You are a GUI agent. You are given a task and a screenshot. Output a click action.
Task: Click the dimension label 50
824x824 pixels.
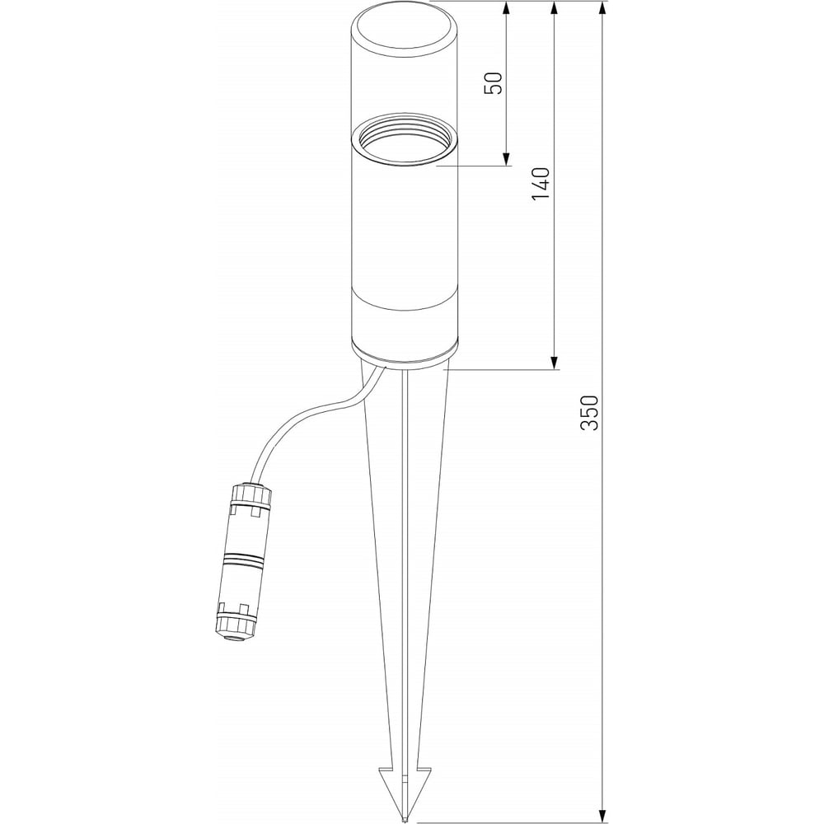click(493, 82)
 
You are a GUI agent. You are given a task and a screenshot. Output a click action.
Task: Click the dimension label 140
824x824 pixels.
click(541, 184)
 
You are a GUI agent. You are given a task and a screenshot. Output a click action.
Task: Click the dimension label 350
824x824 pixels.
click(590, 413)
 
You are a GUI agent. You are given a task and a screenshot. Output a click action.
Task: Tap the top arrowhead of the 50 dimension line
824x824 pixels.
click(506, 7)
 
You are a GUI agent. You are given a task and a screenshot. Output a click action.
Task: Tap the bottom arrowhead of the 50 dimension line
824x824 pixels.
click(506, 159)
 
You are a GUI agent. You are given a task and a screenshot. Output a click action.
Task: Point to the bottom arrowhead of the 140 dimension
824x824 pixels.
click(554, 363)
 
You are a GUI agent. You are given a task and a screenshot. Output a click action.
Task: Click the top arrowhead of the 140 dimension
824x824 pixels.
click(554, 7)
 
